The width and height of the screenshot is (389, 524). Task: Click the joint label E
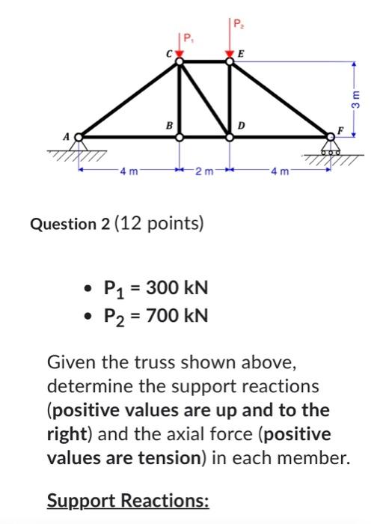241,53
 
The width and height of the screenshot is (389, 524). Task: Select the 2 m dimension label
203,175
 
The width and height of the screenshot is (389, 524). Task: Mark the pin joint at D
230,136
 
